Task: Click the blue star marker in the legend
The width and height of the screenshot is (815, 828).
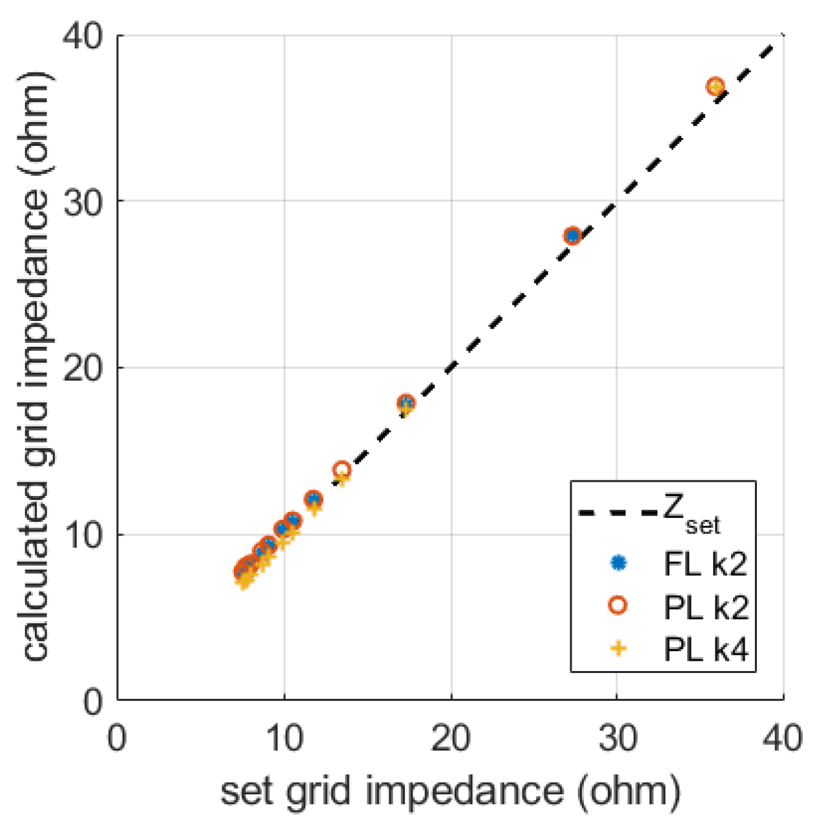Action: pos(618,563)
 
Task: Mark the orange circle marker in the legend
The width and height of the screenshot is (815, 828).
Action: pos(618,606)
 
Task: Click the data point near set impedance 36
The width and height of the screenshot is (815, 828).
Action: pos(715,87)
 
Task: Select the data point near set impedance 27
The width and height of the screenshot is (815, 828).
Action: pos(572,236)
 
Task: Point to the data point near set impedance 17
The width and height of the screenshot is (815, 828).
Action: pos(406,404)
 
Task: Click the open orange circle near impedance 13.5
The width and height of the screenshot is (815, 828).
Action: pos(342,470)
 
